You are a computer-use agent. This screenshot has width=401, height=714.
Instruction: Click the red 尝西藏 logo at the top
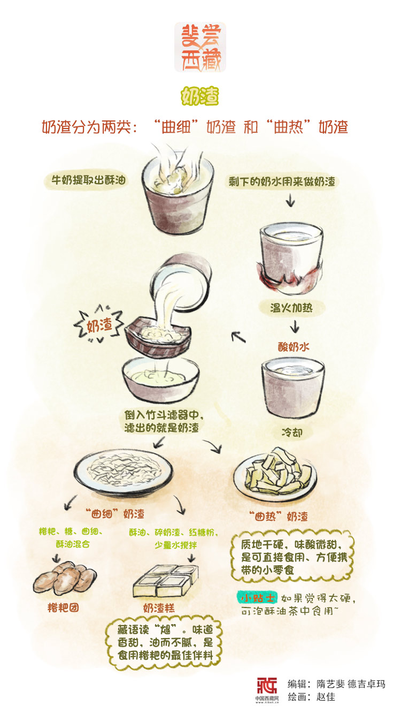coord(200,47)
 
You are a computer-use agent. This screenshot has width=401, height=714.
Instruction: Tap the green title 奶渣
coord(200,96)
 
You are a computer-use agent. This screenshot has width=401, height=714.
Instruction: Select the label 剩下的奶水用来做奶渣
coord(282,181)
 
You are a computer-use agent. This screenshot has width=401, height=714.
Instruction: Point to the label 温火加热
coord(291,308)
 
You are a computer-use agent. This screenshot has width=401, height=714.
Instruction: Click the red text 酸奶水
coord(294,347)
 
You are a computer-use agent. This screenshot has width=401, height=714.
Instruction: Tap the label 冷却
coord(292,432)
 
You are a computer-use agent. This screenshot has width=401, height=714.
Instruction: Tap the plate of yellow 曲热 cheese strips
coord(275,475)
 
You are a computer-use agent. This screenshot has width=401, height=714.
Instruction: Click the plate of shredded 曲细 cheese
coord(124,472)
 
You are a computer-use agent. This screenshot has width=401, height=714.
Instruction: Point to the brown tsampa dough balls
coord(65,578)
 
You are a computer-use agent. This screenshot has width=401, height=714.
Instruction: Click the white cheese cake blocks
coord(166,580)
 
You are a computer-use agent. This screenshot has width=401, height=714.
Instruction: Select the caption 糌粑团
coord(63,607)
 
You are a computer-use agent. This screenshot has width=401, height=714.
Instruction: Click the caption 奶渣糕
coord(159,608)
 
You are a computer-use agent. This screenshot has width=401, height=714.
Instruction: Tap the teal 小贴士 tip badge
coord(257,598)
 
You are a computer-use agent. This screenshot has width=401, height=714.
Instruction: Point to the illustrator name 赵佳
coord(326,697)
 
